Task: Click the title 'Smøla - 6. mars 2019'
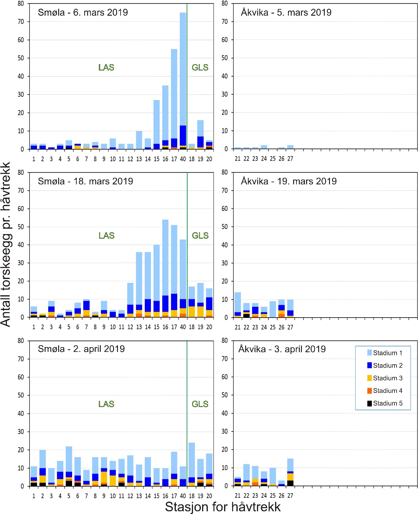[x=83, y=12]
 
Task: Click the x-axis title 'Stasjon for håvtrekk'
[x=223, y=506]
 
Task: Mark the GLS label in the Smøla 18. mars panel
[x=200, y=235]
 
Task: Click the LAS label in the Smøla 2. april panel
[x=106, y=404]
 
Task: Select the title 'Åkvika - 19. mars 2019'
[x=289, y=181]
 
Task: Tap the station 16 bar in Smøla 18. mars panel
[x=165, y=268]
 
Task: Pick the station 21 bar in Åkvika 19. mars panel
[x=238, y=305]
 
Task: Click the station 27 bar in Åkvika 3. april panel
[x=290, y=472]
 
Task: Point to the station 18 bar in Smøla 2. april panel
[x=192, y=464]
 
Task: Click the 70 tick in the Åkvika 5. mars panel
[x=225, y=22]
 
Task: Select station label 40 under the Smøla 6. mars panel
[x=183, y=159]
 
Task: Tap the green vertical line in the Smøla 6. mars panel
[x=187, y=75]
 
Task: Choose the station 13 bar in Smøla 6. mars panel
[x=139, y=140]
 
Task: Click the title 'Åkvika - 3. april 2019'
[x=282, y=349]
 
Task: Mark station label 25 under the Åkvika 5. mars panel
[x=273, y=158]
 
